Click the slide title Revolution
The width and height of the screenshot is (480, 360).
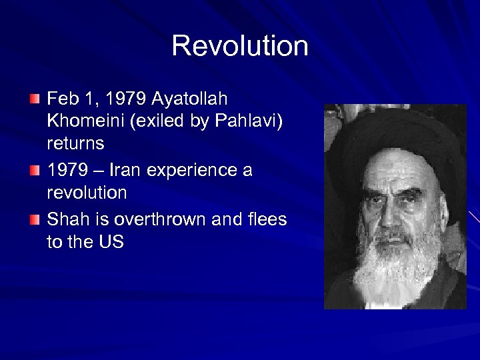click(x=240, y=46)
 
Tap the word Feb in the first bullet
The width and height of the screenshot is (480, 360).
click(x=63, y=99)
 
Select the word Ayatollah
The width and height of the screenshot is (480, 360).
click(x=189, y=99)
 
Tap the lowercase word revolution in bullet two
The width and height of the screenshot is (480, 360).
click(x=87, y=193)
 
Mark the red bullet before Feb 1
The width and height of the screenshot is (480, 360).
click(x=35, y=100)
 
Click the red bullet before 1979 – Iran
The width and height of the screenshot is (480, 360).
click(x=35, y=171)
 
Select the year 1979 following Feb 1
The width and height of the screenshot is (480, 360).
click(x=125, y=99)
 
